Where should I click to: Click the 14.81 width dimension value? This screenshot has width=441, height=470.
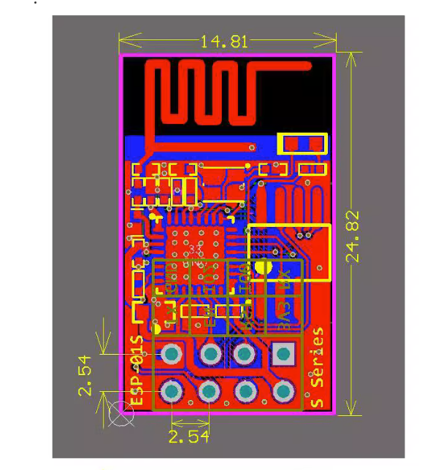tap(225, 41)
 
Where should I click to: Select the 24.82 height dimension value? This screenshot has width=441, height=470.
tap(353, 236)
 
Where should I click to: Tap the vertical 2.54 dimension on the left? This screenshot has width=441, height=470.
tap(86, 376)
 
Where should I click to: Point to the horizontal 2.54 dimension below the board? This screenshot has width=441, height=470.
tap(188, 436)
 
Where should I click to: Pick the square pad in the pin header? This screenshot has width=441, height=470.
tap(281, 355)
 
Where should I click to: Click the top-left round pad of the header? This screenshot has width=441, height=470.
tap(172, 355)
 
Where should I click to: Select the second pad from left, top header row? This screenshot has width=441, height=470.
tap(210, 355)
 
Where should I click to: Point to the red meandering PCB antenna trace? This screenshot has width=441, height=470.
tap(202, 93)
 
